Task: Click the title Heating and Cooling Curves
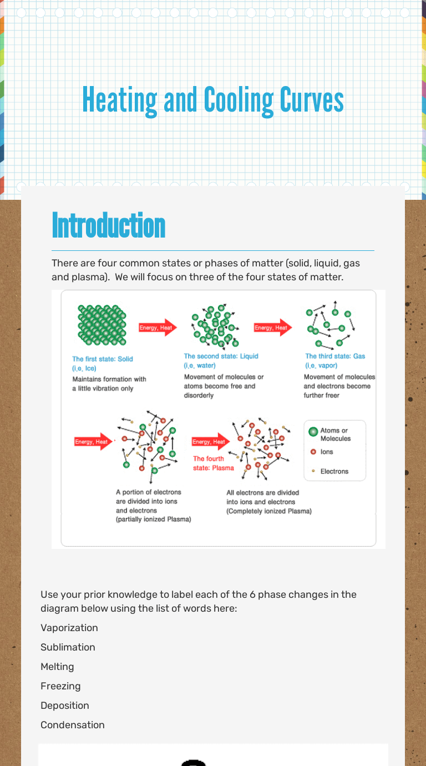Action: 213,100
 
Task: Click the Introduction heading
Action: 109,226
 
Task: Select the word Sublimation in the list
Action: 68,647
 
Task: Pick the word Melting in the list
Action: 57,667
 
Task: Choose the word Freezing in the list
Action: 60,686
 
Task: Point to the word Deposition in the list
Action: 65,705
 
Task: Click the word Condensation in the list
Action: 73,725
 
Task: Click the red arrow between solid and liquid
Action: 158,327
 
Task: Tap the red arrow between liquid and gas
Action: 272,327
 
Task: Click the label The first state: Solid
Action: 103,359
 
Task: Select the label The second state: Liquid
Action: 221,356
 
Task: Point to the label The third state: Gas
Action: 335,356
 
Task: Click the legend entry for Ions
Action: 327,452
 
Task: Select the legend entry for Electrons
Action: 334,471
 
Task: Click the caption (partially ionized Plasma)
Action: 153,520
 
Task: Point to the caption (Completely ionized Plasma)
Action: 269,511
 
